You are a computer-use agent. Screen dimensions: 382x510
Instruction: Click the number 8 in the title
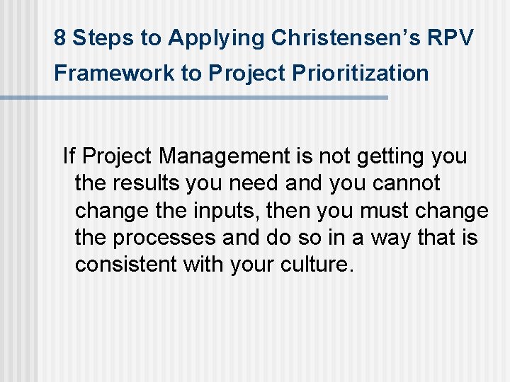[60, 38]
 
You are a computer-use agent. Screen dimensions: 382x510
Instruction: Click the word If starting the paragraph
[69, 156]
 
